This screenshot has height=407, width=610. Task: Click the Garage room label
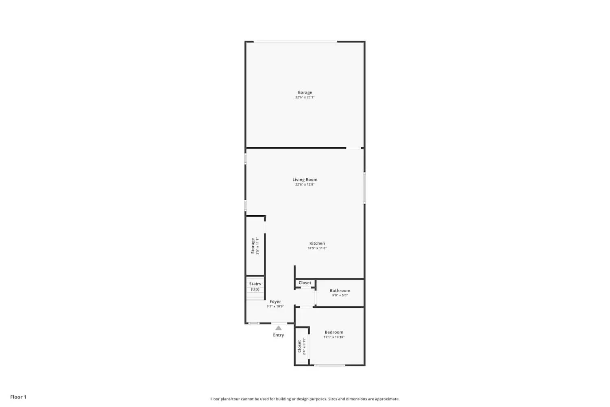(x=305, y=92)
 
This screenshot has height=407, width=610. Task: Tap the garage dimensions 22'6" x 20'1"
(x=305, y=98)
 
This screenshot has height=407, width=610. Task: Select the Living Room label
(x=305, y=179)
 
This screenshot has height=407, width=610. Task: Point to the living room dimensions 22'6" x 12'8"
(x=305, y=185)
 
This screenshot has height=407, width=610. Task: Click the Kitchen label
(x=317, y=243)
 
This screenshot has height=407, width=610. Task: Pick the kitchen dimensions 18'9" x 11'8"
(x=317, y=248)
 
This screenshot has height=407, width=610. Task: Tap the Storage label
(x=253, y=246)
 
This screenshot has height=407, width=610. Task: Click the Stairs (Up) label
(x=255, y=287)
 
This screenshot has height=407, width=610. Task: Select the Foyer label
(x=275, y=302)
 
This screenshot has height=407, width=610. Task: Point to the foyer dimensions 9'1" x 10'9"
(x=275, y=306)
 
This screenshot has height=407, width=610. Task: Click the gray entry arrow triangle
(x=278, y=328)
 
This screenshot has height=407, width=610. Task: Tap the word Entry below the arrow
(x=278, y=335)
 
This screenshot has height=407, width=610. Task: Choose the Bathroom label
(x=340, y=291)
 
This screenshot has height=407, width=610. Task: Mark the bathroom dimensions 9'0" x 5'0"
(x=340, y=295)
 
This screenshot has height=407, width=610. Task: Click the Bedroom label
(x=334, y=332)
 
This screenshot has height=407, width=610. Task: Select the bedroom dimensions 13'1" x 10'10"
(x=334, y=337)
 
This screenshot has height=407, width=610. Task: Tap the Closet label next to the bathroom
(x=305, y=283)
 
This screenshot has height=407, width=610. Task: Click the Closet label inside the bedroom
(x=299, y=346)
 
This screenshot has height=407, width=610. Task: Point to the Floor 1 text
(x=18, y=397)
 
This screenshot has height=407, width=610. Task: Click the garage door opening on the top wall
(x=296, y=42)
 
